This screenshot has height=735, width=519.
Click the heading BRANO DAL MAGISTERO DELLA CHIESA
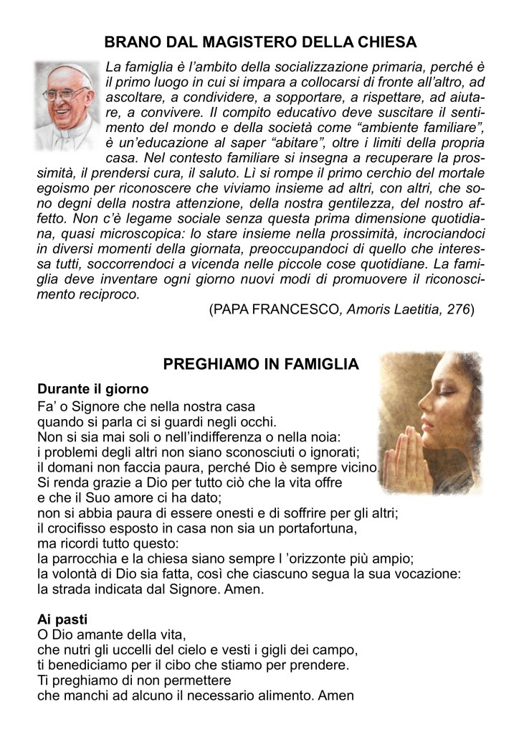260,42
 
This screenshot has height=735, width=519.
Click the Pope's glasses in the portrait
67,94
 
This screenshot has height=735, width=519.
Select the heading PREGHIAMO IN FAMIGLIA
261,365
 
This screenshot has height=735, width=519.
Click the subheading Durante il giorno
92,390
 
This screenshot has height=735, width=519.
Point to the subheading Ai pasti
62,619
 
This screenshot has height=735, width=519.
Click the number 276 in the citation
458,309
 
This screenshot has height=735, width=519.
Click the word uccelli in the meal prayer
145,650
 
